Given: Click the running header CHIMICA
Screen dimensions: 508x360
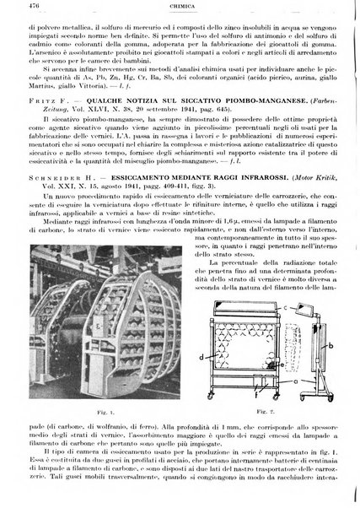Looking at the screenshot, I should point(180,9).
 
